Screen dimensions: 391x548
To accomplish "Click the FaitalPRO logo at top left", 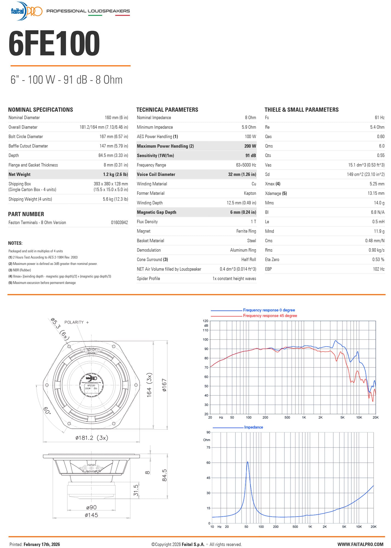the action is [x=26, y=11].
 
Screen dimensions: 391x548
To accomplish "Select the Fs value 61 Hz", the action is [x=380, y=118].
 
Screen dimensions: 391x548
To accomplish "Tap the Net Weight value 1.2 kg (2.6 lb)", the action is [x=115, y=174].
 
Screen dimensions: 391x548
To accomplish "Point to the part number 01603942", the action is [x=119, y=222].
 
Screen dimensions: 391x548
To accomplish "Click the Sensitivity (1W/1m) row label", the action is [x=155, y=155].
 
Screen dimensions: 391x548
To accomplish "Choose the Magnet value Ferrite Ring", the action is [x=246, y=231].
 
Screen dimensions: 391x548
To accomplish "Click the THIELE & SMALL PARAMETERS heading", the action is [x=301, y=110].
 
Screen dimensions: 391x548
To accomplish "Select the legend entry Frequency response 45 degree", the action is [x=270, y=316].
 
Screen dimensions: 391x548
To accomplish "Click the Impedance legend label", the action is [x=254, y=427].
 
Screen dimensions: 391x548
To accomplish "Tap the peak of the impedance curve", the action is [x=248, y=462].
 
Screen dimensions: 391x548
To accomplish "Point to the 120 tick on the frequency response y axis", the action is [x=205, y=321].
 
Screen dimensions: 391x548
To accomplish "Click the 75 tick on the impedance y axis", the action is [x=208, y=447].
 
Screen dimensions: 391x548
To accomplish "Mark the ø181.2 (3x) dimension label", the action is [x=92, y=438].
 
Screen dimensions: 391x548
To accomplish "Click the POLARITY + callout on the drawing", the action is [x=77, y=322].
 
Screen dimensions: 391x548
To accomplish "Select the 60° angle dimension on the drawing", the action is [x=47, y=410].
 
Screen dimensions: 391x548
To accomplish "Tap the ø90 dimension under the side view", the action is [x=91, y=507].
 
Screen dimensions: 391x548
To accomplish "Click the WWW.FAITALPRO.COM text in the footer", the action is [x=360, y=544].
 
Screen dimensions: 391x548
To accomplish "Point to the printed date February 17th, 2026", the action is [x=42, y=544].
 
